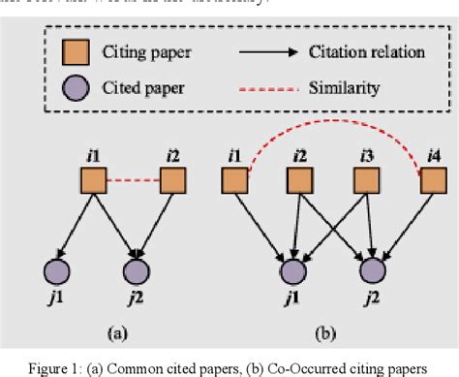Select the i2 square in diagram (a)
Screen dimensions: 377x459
[171, 180]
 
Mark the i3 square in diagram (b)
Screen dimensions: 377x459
[364, 180]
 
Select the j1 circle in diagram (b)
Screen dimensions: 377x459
[290, 268]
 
